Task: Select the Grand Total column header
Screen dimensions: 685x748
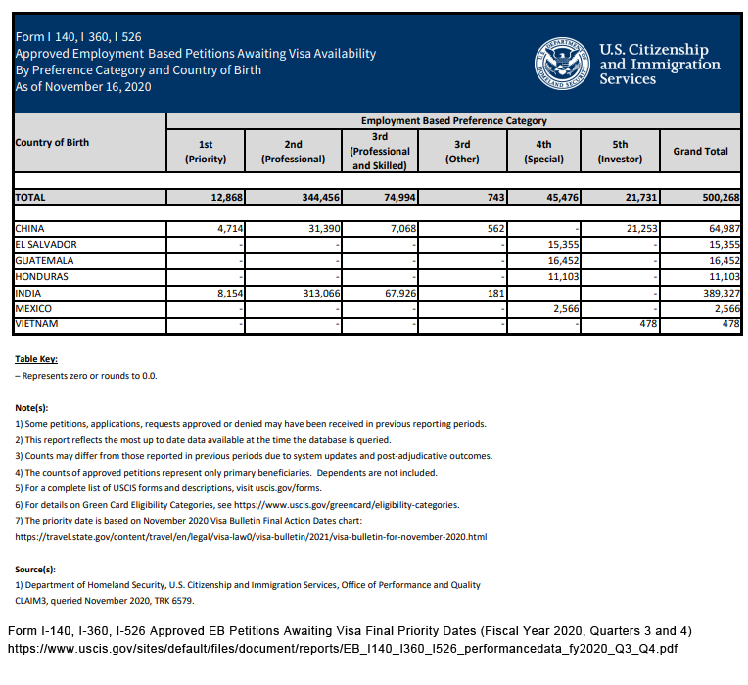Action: point(700,151)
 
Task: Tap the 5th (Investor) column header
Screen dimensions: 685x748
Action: point(620,151)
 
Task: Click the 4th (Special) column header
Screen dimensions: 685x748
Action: point(543,151)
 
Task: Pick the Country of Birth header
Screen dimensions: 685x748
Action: point(52,143)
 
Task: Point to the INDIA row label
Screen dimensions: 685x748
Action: point(28,293)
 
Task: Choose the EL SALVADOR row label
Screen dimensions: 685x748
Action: point(46,244)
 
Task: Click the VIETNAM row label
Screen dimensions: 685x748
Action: point(37,324)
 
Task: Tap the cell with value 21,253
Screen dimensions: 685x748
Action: point(637,228)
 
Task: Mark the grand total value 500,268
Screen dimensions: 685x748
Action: point(716,197)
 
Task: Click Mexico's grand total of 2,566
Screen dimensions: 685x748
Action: point(721,308)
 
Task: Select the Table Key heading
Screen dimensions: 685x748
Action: point(36,358)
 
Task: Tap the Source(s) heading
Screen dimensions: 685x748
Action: point(35,569)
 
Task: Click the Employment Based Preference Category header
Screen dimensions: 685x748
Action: point(453,120)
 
